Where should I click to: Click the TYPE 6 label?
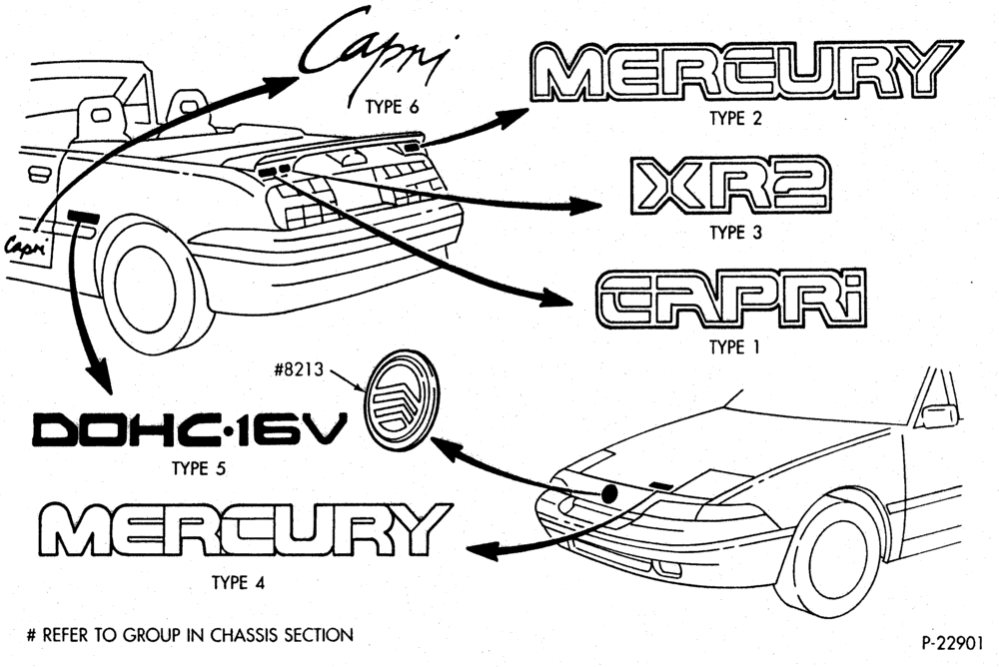[x=393, y=107]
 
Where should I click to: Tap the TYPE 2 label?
[x=736, y=119]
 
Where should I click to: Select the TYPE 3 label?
[x=736, y=233]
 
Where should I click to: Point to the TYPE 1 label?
[x=734, y=347]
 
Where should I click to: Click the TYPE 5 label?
[x=199, y=469]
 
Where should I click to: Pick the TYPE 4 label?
[x=239, y=583]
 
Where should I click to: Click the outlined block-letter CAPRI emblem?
[x=732, y=300]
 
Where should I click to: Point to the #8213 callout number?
[x=299, y=369]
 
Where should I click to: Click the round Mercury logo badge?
[x=402, y=400]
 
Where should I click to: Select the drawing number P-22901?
[x=952, y=643]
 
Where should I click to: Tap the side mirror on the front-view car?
[x=940, y=415]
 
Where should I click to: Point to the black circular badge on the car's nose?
[x=609, y=493]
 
